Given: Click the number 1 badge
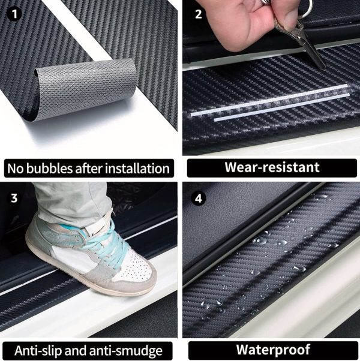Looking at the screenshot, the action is point(14,14).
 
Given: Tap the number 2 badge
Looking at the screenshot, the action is point(199,14).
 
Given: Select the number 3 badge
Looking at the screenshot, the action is point(14,198).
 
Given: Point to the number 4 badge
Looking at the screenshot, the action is point(199,198).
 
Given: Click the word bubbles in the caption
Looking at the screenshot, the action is point(50,169).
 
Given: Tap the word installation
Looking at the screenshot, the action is point(137,169).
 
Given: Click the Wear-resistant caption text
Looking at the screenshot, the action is point(272,167).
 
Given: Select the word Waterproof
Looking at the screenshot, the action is point(273,350).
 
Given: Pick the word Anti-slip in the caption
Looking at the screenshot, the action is point(38,351).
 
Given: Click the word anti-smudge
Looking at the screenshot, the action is point(126,351).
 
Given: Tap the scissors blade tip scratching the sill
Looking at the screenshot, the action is point(324,67).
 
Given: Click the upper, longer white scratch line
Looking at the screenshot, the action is point(269,100).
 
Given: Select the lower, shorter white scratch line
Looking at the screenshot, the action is point(281,107).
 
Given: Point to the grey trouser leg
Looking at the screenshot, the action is point(74,203).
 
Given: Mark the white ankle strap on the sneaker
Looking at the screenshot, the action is point(96,224).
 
